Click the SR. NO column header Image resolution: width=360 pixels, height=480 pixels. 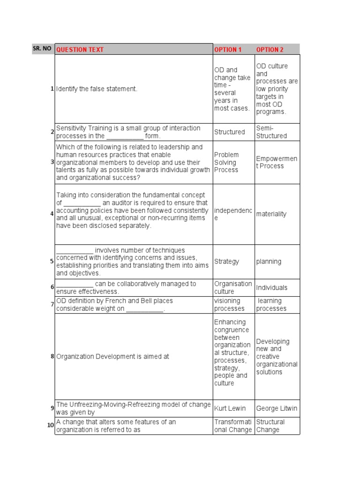click(x=43, y=49)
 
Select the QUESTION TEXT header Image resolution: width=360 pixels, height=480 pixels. click(x=80, y=50)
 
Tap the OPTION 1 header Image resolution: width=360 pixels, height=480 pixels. click(x=228, y=50)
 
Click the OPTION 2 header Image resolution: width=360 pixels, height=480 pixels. click(x=270, y=50)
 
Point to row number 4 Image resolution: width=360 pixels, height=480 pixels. click(x=52, y=214)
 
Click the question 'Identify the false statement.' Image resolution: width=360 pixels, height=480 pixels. click(x=97, y=89)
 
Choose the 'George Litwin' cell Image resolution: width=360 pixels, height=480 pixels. click(x=277, y=408)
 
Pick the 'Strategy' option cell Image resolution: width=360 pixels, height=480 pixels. click(x=227, y=262)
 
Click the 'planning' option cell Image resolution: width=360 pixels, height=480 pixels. click(x=269, y=262)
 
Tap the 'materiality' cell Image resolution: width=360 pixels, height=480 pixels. click(x=271, y=214)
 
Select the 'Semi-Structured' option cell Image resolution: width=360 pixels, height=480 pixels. click(x=271, y=132)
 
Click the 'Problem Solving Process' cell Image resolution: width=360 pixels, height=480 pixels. click(x=227, y=162)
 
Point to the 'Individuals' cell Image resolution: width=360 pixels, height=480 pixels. click(x=272, y=287)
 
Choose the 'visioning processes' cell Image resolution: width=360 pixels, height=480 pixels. click(x=229, y=305)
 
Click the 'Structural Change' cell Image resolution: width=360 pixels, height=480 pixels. click(x=270, y=426)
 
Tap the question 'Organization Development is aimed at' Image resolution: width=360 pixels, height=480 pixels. click(x=113, y=356)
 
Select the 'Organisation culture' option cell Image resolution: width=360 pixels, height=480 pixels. click(x=233, y=287)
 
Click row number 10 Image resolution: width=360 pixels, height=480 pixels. click(x=50, y=426)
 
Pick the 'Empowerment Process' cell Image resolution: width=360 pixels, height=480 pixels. click(x=277, y=162)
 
